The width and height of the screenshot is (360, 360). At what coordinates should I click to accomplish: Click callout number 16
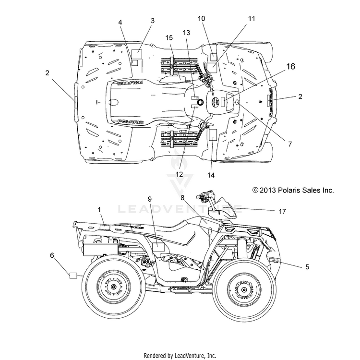(x=291, y=66)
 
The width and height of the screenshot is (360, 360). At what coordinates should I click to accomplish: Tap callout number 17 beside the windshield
(x=282, y=211)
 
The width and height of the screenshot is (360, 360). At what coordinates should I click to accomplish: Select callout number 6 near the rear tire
(x=52, y=255)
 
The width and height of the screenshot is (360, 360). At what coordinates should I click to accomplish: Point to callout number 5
(x=307, y=267)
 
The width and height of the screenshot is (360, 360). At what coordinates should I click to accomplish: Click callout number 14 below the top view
(x=211, y=175)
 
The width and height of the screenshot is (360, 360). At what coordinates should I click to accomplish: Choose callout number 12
(x=180, y=174)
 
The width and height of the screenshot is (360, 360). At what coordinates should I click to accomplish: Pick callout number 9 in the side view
(x=150, y=199)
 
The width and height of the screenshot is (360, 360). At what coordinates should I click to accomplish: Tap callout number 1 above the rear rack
(x=99, y=210)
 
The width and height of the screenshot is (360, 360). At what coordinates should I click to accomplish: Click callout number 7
(x=290, y=144)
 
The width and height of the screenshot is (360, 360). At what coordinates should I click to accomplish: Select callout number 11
(x=252, y=18)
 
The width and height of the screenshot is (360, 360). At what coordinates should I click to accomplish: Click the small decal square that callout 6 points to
(x=73, y=275)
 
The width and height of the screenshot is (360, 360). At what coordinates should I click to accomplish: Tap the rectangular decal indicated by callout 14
(x=213, y=134)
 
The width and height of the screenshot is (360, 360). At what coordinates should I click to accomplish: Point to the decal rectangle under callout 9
(x=159, y=247)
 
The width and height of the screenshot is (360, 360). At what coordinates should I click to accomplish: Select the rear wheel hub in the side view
(x=113, y=287)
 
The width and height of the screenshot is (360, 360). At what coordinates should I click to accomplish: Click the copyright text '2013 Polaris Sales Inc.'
(x=297, y=191)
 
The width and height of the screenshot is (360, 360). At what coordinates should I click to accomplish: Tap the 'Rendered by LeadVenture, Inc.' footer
(x=180, y=356)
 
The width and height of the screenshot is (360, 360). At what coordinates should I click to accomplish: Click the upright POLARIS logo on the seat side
(x=131, y=122)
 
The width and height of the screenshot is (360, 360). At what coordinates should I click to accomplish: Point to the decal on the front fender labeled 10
(x=213, y=57)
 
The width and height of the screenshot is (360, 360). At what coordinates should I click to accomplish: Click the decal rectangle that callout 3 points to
(x=138, y=54)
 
